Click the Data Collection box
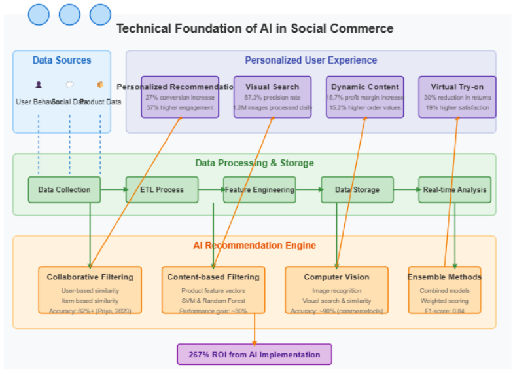coord(64,190)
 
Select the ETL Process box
coord(162,190)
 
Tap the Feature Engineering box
coord(260,190)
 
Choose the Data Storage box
coord(357,190)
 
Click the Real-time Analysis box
coord(455,190)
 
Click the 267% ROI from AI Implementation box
coord(255,355)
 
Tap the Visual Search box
coord(272,97)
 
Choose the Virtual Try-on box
coord(457,97)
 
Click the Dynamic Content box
coord(364,97)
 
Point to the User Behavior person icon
coord(39,85)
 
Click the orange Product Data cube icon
coord(100,85)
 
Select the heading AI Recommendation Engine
coord(255,246)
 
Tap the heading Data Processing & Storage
coord(255,163)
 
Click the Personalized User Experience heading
coord(311,60)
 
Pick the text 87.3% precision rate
coord(272,97)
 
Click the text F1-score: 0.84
coord(444,311)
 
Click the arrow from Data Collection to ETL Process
coord(113,190)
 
